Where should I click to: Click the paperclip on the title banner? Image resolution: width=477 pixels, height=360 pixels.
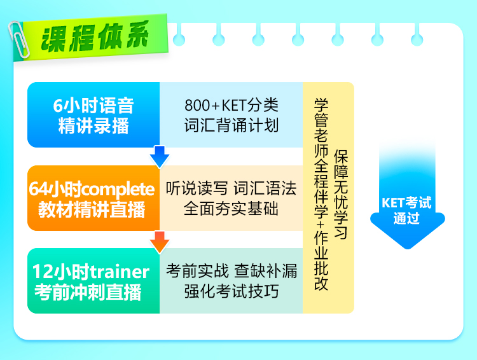18,39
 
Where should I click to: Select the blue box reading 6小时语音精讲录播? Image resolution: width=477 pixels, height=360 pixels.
93,114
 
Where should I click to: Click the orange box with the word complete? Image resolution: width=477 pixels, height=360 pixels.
93,198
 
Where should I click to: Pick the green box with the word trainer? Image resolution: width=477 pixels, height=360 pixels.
93,281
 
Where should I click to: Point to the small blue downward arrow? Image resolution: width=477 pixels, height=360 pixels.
160,156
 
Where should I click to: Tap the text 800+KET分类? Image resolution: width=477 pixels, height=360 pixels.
232,106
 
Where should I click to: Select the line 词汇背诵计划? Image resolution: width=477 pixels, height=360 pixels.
232,125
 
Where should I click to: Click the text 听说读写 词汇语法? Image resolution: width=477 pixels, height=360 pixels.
232,188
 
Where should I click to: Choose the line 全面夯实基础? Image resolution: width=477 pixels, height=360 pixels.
232,209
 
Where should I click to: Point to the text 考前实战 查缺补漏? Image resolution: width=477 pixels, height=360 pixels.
232,271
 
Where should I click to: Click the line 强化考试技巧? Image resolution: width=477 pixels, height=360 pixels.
232,291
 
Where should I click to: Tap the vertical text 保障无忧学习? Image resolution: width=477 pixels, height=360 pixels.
341,195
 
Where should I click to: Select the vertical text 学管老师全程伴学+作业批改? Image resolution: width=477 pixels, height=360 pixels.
321,195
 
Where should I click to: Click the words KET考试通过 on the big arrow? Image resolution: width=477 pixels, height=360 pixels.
406,211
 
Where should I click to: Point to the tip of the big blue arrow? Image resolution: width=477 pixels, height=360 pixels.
408,249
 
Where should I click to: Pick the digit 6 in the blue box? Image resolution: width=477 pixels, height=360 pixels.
57,106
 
